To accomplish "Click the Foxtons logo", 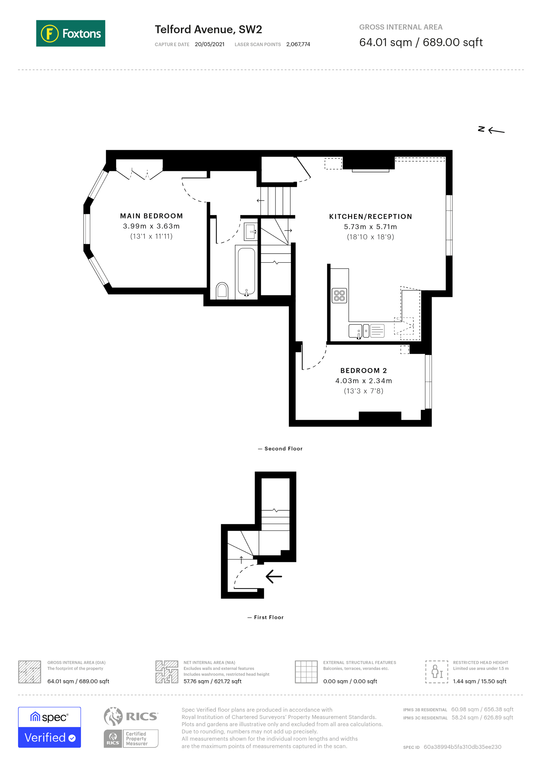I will tap(70, 33).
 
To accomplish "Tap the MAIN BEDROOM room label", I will tap(151, 216).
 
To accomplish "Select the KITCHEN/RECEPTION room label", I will tap(371, 216).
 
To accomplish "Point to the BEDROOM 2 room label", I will tap(363, 370).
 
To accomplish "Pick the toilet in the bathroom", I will tap(222, 290).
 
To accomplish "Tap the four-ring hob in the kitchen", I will tap(339, 295).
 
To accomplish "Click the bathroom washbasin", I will tap(251, 231).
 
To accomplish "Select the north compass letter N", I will tap(481, 129).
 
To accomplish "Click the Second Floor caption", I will tap(283, 448).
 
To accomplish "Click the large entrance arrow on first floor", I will tap(274, 576).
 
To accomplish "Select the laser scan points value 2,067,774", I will tap(298, 44).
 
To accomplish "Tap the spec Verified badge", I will tap(49, 727).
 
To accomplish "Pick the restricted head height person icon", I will tap(436, 672).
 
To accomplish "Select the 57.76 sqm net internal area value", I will tap(212, 681).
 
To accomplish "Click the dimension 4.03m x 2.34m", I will tap(363, 381).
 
